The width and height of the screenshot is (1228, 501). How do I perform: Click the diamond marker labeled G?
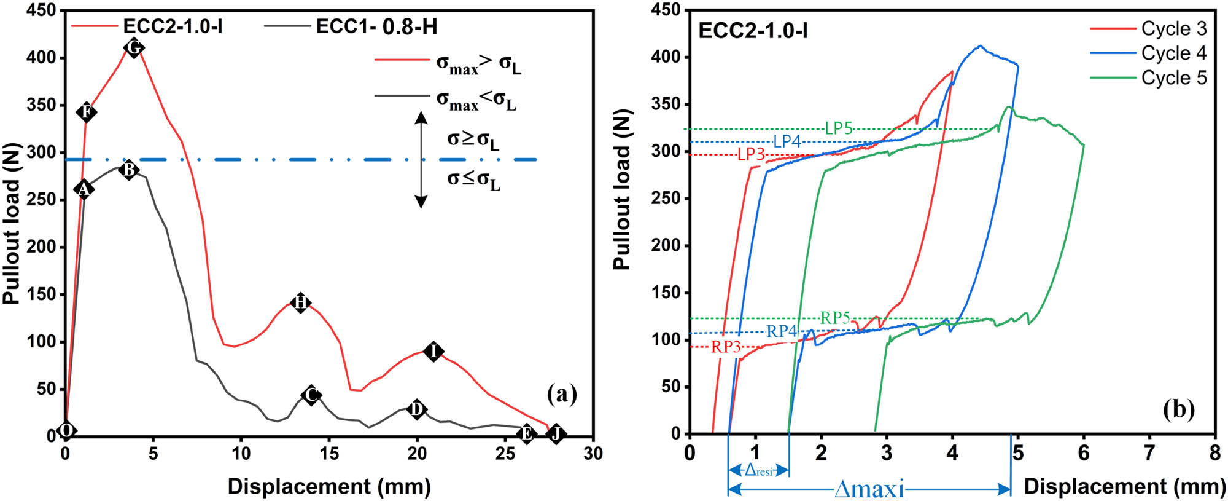[134, 47]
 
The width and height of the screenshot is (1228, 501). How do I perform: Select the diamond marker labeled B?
[129, 170]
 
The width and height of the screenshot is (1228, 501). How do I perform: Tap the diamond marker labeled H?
[300, 302]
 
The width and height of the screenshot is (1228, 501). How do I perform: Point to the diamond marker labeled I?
[434, 352]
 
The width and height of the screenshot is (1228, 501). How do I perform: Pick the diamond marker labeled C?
[311, 395]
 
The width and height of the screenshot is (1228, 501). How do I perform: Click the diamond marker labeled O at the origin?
[66, 430]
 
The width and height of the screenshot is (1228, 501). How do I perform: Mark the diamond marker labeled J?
[556, 433]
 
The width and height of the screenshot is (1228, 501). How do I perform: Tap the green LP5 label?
[838, 128]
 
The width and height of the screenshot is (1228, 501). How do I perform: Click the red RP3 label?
[726, 347]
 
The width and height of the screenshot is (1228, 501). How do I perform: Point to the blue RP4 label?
[781, 331]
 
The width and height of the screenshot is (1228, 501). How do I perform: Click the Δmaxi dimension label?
[869, 489]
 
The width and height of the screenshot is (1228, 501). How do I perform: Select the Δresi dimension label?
[758, 471]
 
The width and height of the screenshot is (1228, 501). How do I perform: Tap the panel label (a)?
[561, 393]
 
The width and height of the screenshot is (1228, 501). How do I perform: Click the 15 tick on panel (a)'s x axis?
[329, 454]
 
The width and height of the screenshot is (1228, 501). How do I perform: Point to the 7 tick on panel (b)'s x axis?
[1149, 453]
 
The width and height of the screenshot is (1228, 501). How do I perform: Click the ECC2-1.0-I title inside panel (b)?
[753, 31]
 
